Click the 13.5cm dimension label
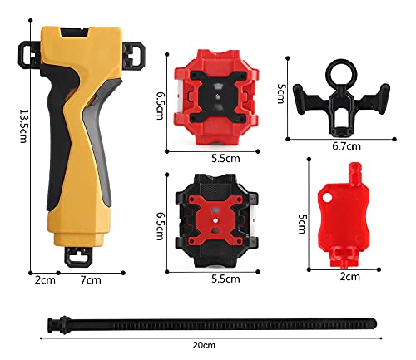tap(24, 126)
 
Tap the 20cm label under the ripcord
tap(204, 345)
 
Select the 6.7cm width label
tap(347, 146)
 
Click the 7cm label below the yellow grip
tap(91, 280)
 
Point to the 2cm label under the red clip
tap(350, 277)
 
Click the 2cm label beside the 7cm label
tap(45, 280)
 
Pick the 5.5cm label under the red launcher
tap(225, 159)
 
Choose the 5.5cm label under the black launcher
tap(225, 279)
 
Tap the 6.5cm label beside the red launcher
tap(161, 106)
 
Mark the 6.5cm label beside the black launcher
tap(161, 226)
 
